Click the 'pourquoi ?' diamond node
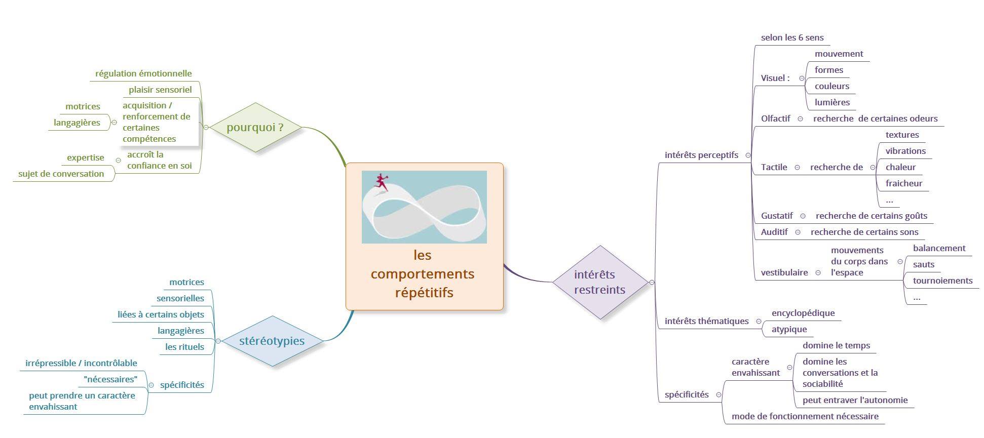tap(255, 127)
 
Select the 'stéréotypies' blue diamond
tap(272, 341)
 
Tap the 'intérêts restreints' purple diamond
tap(600, 282)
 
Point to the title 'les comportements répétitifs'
tap(423, 274)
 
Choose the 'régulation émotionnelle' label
tap(143, 73)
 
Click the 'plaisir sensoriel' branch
tap(160, 90)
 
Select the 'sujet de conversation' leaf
tap(61, 174)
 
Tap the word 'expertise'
tap(86, 157)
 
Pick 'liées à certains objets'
tap(161, 314)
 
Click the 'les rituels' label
tap(184, 347)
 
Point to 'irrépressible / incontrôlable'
tap(81, 363)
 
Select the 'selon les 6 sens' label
tap(792, 37)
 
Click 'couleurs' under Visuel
tap(831, 86)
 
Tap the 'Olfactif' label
tap(775, 118)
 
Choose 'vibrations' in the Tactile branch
tap(905, 151)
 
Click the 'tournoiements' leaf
tap(942, 281)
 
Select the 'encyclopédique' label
tap(803, 313)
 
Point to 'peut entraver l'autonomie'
tap(855, 400)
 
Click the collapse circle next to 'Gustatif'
tap(803, 216)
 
